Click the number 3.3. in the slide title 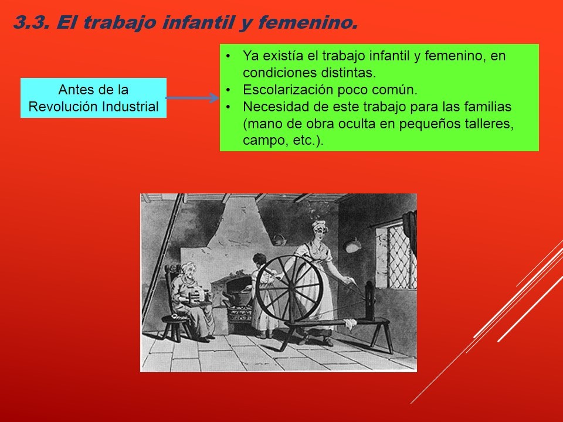click(x=31, y=23)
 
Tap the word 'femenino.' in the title click(x=308, y=23)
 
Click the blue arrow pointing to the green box click(x=192, y=98)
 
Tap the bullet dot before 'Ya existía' click(x=228, y=56)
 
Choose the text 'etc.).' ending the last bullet click(x=308, y=140)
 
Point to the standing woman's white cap click(x=319, y=225)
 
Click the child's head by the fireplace click(x=259, y=259)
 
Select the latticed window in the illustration click(x=396, y=256)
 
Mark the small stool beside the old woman click(x=175, y=327)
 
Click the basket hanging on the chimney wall click(x=279, y=239)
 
